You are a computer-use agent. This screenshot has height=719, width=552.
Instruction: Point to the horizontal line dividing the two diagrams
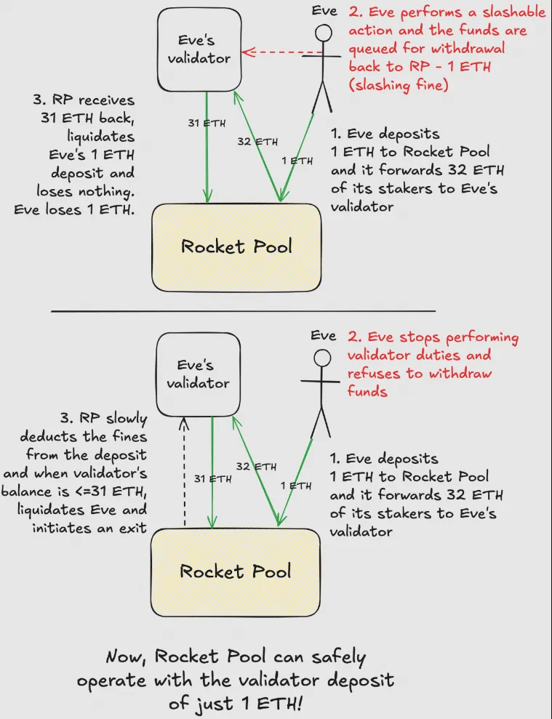(x=243, y=311)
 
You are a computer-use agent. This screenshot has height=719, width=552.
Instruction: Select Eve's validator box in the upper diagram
(x=199, y=47)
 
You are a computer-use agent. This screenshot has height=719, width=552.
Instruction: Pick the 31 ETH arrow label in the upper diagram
(x=207, y=123)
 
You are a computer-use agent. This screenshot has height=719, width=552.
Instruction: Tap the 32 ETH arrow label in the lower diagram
(x=257, y=466)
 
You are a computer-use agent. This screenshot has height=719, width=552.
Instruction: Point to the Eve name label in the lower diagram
(x=323, y=336)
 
